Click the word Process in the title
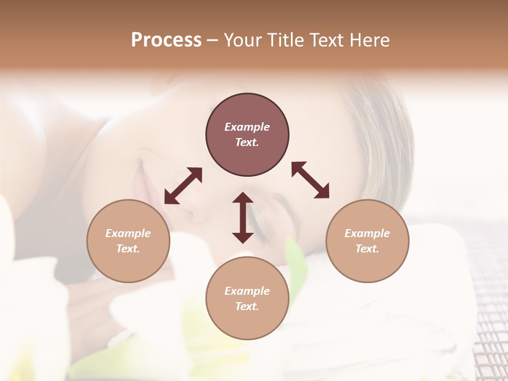click(166, 40)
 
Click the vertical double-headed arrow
click(243, 217)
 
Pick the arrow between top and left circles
click(184, 186)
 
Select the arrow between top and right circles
click(310, 180)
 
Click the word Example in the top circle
click(247, 127)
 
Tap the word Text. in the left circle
click(128, 249)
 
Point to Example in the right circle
click(367, 233)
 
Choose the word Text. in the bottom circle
click(247, 306)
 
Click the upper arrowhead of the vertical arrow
click(243, 198)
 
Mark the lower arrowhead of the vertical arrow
click(243, 237)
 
